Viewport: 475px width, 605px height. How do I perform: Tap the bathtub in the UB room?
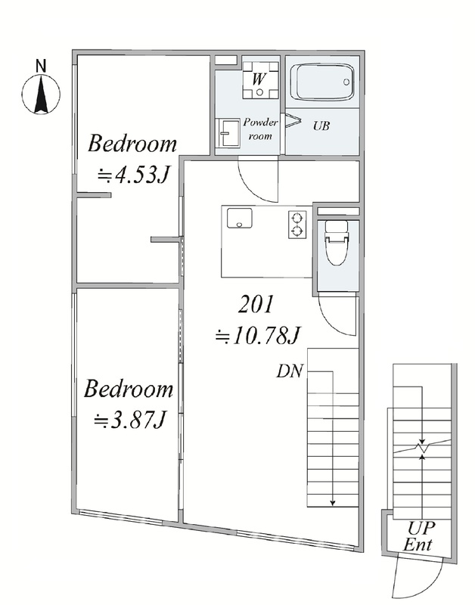[322, 82]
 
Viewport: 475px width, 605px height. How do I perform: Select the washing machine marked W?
[260, 80]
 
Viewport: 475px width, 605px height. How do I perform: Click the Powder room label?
[260, 129]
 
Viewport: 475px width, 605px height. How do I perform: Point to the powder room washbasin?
[228, 132]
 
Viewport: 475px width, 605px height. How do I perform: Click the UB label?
[321, 126]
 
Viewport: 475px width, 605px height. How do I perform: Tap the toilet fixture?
[337, 242]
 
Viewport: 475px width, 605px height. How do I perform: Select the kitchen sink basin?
[239, 219]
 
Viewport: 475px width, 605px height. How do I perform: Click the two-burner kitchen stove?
[297, 225]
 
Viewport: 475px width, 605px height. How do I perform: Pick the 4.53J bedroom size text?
[133, 175]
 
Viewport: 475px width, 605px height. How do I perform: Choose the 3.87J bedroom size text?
[130, 420]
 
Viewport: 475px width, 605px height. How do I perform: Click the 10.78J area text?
[257, 335]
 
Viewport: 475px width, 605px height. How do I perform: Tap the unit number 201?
[256, 304]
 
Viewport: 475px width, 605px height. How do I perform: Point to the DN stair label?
[290, 371]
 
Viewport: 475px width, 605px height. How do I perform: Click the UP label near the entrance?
[421, 528]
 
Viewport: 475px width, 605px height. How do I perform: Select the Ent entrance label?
[418, 544]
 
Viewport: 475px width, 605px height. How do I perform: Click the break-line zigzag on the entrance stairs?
[422, 447]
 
